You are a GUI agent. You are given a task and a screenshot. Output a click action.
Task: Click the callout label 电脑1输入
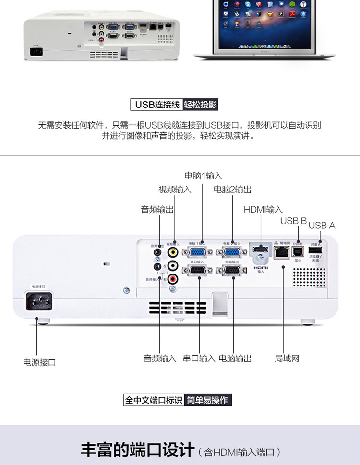(x=204, y=176)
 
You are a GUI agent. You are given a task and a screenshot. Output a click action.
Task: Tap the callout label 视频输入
(x=175, y=190)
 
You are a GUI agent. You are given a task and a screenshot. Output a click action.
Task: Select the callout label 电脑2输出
(x=232, y=190)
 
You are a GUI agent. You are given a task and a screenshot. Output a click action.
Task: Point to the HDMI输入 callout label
(x=263, y=209)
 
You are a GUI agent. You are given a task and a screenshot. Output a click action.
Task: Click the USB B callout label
(x=293, y=221)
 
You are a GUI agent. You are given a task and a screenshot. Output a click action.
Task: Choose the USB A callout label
(x=322, y=225)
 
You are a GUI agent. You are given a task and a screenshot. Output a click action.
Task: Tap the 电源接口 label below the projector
(x=39, y=362)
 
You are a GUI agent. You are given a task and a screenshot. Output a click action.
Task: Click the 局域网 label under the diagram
(x=287, y=358)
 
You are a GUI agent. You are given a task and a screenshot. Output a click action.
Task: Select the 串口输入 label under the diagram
(x=199, y=358)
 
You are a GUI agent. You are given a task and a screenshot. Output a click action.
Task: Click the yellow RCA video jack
(x=172, y=252)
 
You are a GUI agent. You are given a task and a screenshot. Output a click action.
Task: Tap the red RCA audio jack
(x=172, y=277)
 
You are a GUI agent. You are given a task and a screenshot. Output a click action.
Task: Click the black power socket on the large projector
(x=36, y=303)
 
